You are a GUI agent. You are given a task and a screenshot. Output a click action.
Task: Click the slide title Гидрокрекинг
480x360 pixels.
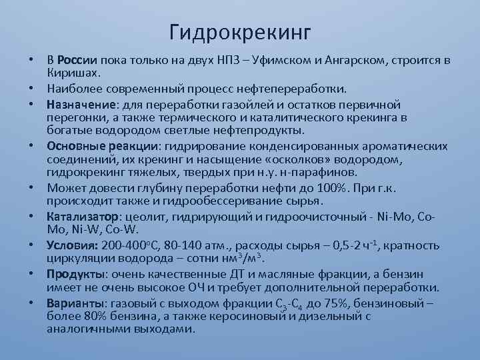coord(240,31)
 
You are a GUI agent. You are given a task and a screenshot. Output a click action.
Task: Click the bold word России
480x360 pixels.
coord(79,61)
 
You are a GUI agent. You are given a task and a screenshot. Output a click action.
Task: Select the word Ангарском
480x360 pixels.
coord(351,61)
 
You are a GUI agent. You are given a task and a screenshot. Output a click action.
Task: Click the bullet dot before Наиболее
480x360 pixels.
coord(31,88)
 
